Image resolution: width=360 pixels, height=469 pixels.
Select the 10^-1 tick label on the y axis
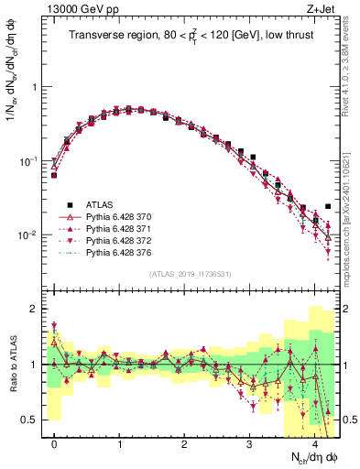tap(30, 161)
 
